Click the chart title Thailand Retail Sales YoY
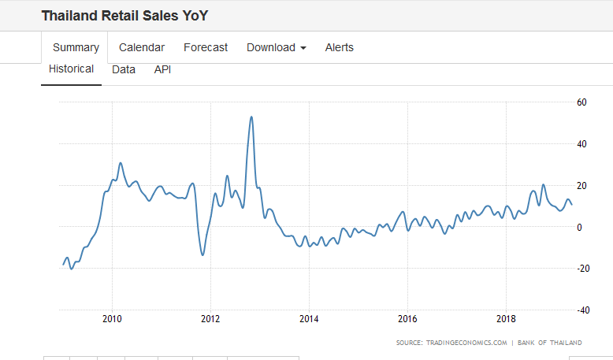(x=124, y=16)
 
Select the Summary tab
(x=76, y=47)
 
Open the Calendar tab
(x=142, y=47)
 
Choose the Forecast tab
(x=206, y=47)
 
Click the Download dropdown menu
(x=276, y=47)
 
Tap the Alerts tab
(x=340, y=47)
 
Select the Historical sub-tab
(x=71, y=69)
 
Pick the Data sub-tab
(x=124, y=69)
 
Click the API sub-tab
(x=162, y=69)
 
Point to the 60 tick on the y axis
(x=581, y=102)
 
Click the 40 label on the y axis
(x=581, y=144)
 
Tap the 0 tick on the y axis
(x=579, y=227)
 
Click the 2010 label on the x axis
(x=112, y=319)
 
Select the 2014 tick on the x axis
(x=309, y=319)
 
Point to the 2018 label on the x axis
(x=506, y=319)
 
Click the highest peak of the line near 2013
(x=251, y=117)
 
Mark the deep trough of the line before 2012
(x=202, y=254)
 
